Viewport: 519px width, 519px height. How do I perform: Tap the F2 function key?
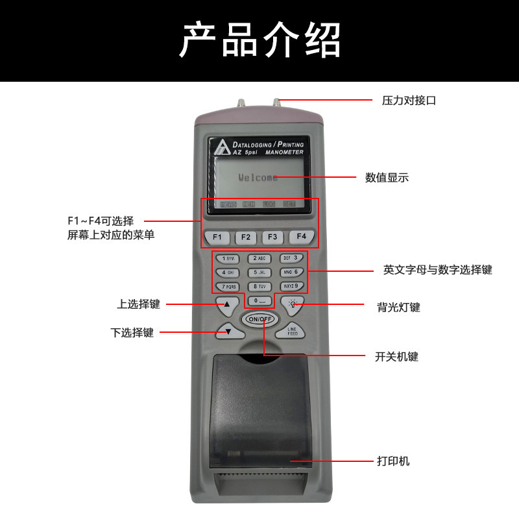(x=245, y=237)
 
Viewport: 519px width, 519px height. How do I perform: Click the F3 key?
(x=273, y=237)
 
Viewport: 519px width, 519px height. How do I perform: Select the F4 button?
(x=301, y=237)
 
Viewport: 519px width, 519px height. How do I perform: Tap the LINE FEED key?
(x=293, y=331)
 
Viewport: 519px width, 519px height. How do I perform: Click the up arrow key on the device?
(x=227, y=304)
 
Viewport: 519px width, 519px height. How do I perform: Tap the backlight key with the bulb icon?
(x=293, y=303)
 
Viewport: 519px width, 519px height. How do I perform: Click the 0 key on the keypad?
(x=259, y=300)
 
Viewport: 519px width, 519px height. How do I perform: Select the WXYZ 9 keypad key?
(x=292, y=285)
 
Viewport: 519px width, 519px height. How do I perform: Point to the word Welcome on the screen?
(x=258, y=177)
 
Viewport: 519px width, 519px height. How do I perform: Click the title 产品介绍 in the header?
(x=259, y=40)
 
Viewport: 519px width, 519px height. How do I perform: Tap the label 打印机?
(x=393, y=462)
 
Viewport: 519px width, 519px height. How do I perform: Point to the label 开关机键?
(x=396, y=356)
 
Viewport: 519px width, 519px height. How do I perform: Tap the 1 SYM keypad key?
(x=228, y=258)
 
